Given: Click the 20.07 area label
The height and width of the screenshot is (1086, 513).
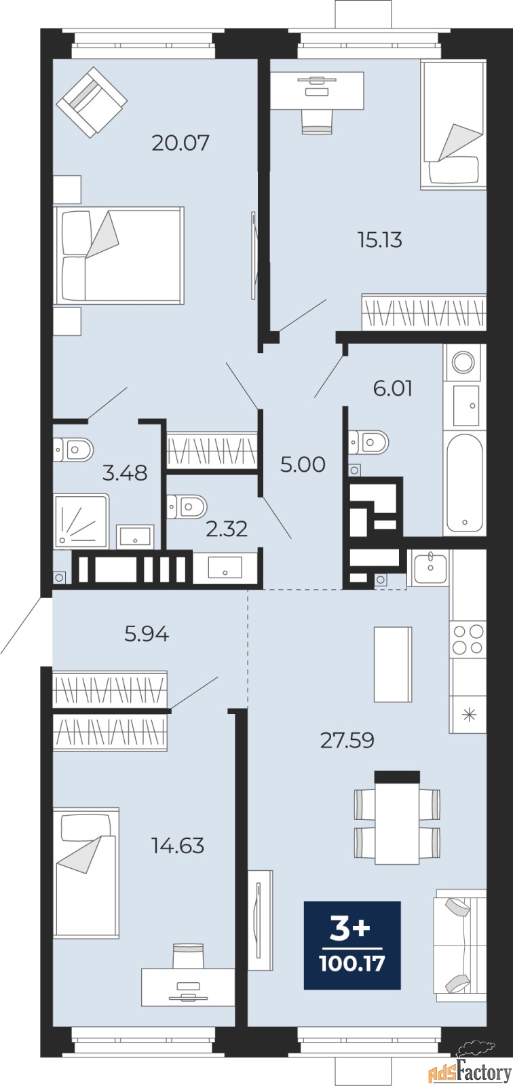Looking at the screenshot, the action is click(x=180, y=143).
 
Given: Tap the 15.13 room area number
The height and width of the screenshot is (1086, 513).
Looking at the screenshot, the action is click(x=380, y=240).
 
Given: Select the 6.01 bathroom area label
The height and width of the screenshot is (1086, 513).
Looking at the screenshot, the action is click(x=393, y=388).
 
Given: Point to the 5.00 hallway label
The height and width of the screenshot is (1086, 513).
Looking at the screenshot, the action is click(x=303, y=464).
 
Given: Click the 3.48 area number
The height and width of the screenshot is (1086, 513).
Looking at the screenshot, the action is click(x=125, y=472).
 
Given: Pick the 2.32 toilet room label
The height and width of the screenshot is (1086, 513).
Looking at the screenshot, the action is click(x=227, y=529).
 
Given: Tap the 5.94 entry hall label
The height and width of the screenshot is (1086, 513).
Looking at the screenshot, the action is click(x=147, y=634).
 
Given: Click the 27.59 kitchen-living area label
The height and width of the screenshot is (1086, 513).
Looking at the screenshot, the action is click(x=347, y=741).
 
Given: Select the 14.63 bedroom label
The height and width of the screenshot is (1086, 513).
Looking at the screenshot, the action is click(x=178, y=846).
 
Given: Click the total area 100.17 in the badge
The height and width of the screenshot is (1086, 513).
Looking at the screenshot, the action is click(x=352, y=963).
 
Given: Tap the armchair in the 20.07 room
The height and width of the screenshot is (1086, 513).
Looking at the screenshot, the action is click(x=92, y=102).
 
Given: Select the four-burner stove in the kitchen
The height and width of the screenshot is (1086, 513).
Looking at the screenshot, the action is click(x=468, y=640).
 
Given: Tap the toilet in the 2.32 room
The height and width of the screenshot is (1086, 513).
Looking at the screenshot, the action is click(x=187, y=506).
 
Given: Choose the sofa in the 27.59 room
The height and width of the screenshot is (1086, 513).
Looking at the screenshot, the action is click(x=461, y=946).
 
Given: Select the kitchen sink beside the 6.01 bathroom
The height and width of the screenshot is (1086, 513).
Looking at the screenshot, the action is click(x=431, y=567).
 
